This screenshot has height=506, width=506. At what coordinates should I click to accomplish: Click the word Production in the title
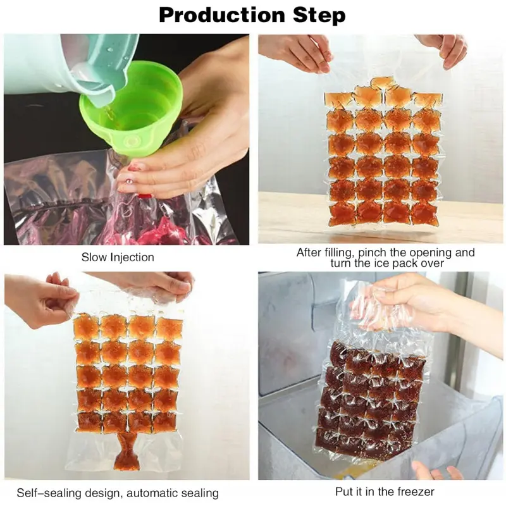[x=223, y=15]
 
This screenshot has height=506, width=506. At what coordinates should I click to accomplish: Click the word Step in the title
[x=319, y=15]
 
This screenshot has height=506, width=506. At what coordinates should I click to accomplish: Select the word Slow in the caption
[x=94, y=257]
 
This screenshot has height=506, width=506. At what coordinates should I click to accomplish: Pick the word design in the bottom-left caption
[x=103, y=493]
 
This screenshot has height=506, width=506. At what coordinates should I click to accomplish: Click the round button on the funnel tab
[x=132, y=141]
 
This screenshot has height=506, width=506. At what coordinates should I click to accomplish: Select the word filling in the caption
[x=338, y=252]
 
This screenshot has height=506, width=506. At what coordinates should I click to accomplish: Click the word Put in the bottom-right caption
[x=344, y=491]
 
